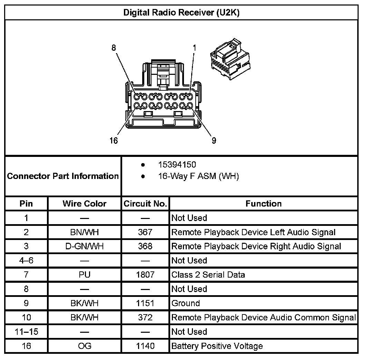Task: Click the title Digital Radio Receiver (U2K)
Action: [x=181, y=13]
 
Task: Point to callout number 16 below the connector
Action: [x=114, y=141]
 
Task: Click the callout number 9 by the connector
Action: [x=214, y=141]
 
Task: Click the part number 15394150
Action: [x=177, y=165]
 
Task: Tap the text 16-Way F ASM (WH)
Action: [x=198, y=177]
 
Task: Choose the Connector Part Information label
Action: [x=63, y=176]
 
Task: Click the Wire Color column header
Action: [x=85, y=204]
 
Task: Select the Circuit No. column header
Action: [x=145, y=204]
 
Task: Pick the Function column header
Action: [x=263, y=204]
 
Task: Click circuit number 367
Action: [x=145, y=232]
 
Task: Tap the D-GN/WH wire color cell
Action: [x=85, y=246]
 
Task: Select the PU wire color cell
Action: [x=85, y=275]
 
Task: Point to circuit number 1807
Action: [x=145, y=275]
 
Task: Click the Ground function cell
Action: [x=186, y=303]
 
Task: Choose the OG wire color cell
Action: [x=85, y=346]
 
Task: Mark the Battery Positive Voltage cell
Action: [x=217, y=346]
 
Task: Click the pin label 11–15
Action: [x=26, y=332]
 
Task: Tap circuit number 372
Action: [x=145, y=318]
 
